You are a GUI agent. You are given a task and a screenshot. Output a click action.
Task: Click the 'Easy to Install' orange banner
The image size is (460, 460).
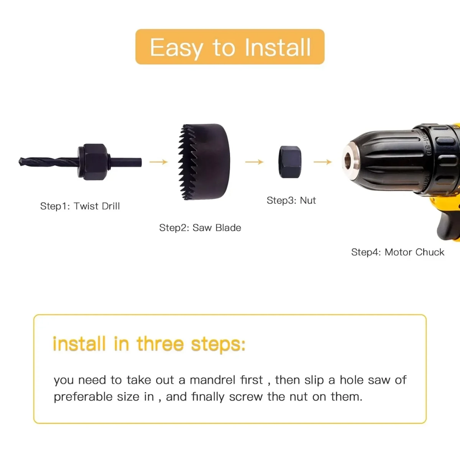point(230,47)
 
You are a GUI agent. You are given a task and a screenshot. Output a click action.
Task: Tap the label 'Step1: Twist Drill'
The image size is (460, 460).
point(80,206)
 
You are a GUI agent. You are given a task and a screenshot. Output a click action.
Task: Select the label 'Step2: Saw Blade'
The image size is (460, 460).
point(200,228)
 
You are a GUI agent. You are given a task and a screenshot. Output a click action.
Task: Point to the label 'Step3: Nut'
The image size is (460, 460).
point(291,200)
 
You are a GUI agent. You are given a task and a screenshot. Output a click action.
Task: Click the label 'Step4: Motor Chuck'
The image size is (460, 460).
point(398,252)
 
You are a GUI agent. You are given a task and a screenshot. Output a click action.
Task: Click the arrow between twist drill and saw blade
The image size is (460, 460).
point(159,162)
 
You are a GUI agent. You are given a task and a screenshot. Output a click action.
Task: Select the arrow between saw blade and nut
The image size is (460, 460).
point(255,162)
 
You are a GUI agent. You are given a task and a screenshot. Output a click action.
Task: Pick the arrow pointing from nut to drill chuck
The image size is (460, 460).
point(323,162)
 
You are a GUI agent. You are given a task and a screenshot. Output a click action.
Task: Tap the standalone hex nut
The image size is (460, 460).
point(290,162)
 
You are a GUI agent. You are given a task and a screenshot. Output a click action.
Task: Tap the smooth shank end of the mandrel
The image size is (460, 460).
point(126,162)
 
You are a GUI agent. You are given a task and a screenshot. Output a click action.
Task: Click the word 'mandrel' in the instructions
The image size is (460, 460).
point(213,380)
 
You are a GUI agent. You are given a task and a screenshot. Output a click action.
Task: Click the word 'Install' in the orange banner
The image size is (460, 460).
point(278,48)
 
